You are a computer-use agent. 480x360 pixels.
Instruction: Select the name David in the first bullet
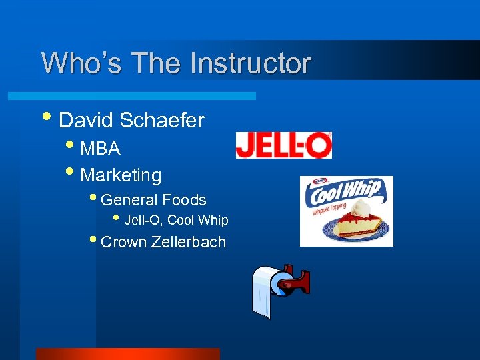point(87,121)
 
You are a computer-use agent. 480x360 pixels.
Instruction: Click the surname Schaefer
point(162,121)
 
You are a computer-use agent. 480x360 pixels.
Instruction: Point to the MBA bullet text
point(100,148)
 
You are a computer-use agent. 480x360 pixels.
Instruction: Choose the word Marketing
point(121,175)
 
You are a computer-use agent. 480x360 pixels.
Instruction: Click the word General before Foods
point(128,200)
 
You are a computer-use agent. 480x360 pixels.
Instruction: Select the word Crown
point(123,242)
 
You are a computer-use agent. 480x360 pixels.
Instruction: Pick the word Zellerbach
point(189,242)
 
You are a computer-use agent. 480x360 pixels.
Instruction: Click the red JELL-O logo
point(284,145)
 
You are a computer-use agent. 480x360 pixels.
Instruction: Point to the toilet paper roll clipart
point(267,290)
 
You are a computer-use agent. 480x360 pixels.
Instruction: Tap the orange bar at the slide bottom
point(127,354)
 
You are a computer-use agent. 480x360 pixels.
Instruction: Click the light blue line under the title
point(147,96)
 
